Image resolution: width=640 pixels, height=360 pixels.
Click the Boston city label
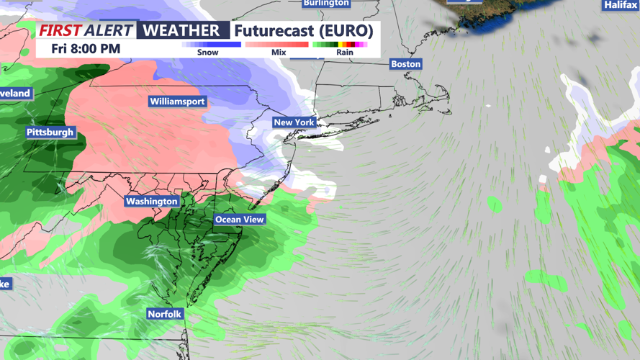[x=405, y=64]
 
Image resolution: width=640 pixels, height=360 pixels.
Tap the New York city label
[x=294, y=122]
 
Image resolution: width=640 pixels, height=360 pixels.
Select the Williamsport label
[x=177, y=102]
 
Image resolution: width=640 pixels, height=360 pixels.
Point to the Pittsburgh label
[x=50, y=132]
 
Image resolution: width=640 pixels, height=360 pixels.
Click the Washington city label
[x=151, y=202]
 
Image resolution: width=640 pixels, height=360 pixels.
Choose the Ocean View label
[x=239, y=220]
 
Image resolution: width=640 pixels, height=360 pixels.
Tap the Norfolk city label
[x=164, y=314]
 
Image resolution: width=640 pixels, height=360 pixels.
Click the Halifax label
[x=621, y=5]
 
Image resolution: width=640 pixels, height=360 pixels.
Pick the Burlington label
[x=326, y=4]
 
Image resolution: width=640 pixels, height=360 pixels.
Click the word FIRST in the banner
[x=60, y=31]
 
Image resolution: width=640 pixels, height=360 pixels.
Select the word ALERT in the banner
[x=109, y=31]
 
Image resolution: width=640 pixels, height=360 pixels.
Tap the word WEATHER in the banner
[x=181, y=31]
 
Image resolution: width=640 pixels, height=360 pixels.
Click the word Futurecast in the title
[x=275, y=31]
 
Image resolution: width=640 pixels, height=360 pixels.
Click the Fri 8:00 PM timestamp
[x=86, y=49]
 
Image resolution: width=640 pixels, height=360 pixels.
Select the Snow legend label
[x=208, y=53]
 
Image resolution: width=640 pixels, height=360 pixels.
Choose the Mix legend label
[x=279, y=53]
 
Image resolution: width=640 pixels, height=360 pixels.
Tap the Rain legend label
[x=344, y=53]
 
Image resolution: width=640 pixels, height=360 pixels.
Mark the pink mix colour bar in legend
[x=278, y=45]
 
